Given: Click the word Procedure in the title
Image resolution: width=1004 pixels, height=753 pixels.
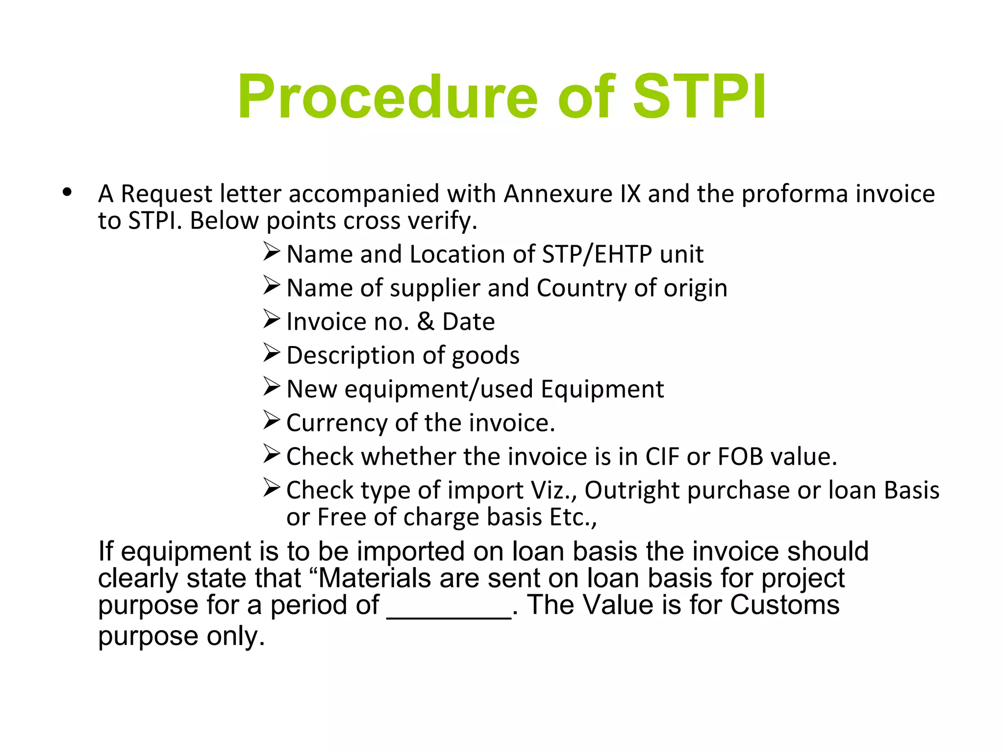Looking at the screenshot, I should click(387, 97).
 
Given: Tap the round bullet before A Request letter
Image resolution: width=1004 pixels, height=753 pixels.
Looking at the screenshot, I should click(68, 193).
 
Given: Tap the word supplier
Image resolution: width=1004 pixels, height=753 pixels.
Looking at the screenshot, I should click(435, 288).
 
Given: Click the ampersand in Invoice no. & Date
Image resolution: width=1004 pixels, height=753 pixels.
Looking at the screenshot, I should click(426, 322).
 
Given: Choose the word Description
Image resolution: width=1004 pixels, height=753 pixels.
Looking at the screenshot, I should click(351, 355).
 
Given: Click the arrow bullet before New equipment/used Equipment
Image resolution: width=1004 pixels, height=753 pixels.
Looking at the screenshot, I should click(271, 386).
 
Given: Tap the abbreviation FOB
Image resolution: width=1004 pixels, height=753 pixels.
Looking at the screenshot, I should click(740, 456).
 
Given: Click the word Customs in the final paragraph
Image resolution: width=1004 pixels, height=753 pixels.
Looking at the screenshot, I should click(784, 604).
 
